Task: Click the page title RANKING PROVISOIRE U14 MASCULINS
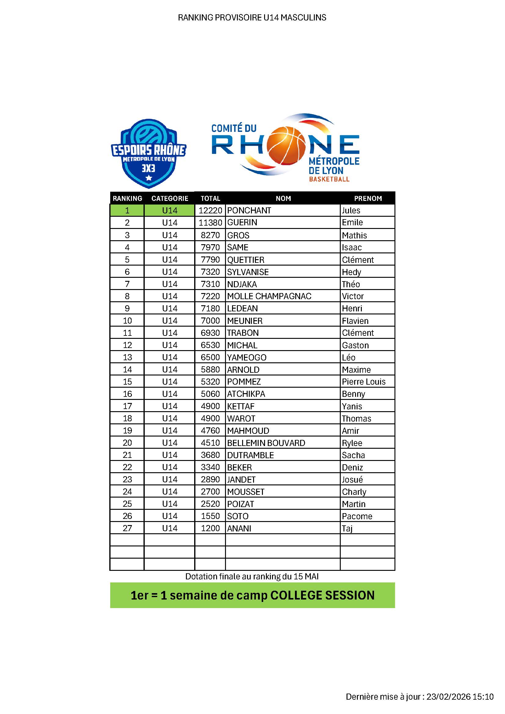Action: click(x=252, y=17)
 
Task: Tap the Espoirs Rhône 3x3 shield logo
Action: click(x=149, y=154)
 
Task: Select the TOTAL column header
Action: click(x=210, y=198)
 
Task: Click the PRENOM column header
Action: click(x=368, y=198)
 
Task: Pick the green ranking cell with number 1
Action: click(x=127, y=211)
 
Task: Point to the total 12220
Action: click(x=210, y=211)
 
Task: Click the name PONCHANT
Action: click(x=249, y=211)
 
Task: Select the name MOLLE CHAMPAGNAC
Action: click(x=269, y=296)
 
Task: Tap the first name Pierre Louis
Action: click(x=364, y=382)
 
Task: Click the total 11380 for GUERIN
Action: click(x=210, y=223)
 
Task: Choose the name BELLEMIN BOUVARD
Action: click(x=266, y=443)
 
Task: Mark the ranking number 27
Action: click(x=127, y=528)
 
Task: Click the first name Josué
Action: click(x=352, y=480)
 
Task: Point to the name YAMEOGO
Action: click(x=247, y=357)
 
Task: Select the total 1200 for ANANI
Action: click(x=210, y=528)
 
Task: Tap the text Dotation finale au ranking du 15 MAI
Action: click(x=252, y=576)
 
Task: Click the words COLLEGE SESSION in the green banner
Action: click(x=322, y=595)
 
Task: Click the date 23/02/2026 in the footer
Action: click(x=448, y=697)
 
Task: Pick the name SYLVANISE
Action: click(x=248, y=272)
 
